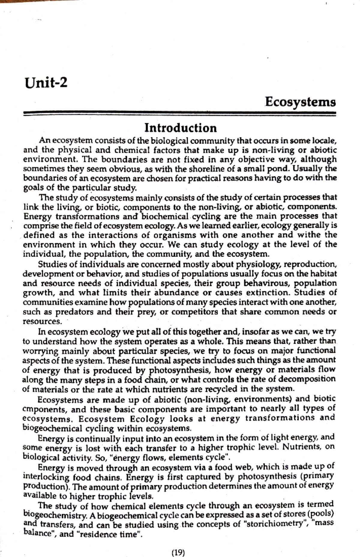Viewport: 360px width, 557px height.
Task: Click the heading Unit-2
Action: coord(46,82)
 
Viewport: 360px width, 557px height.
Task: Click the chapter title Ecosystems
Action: coord(300,102)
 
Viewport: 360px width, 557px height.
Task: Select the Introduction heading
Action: coord(180,128)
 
